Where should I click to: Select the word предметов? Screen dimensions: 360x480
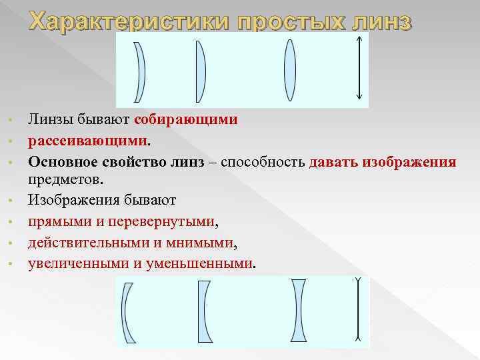click(65, 179)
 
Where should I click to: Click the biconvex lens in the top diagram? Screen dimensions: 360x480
click(289, 70)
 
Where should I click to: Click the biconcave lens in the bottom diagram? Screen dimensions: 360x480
click(299, 311)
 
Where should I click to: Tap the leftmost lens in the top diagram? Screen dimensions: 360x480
click(139, 72)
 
